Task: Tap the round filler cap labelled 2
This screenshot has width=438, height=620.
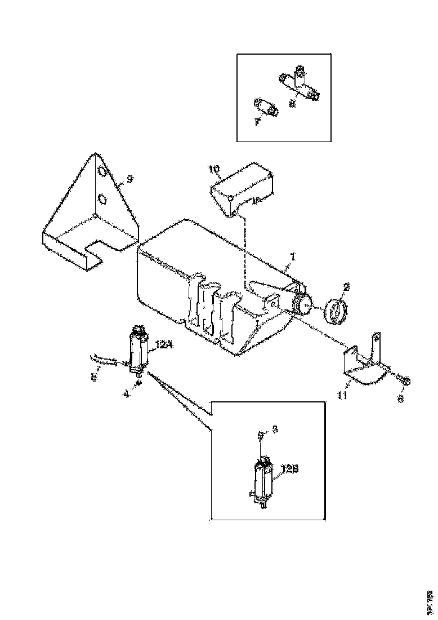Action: pyautogui.click(x=336, y=311)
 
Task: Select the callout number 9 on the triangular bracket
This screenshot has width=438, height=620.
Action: pyautogui.click(x=129, y=179)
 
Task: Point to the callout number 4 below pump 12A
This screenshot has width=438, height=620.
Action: pyautogui.click(x=126, y=395)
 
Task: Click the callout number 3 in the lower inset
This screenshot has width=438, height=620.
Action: pyautogui.click(x=275, y=429)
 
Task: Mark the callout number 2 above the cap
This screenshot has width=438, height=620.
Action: pyautogui.click(x=347, y=287)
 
